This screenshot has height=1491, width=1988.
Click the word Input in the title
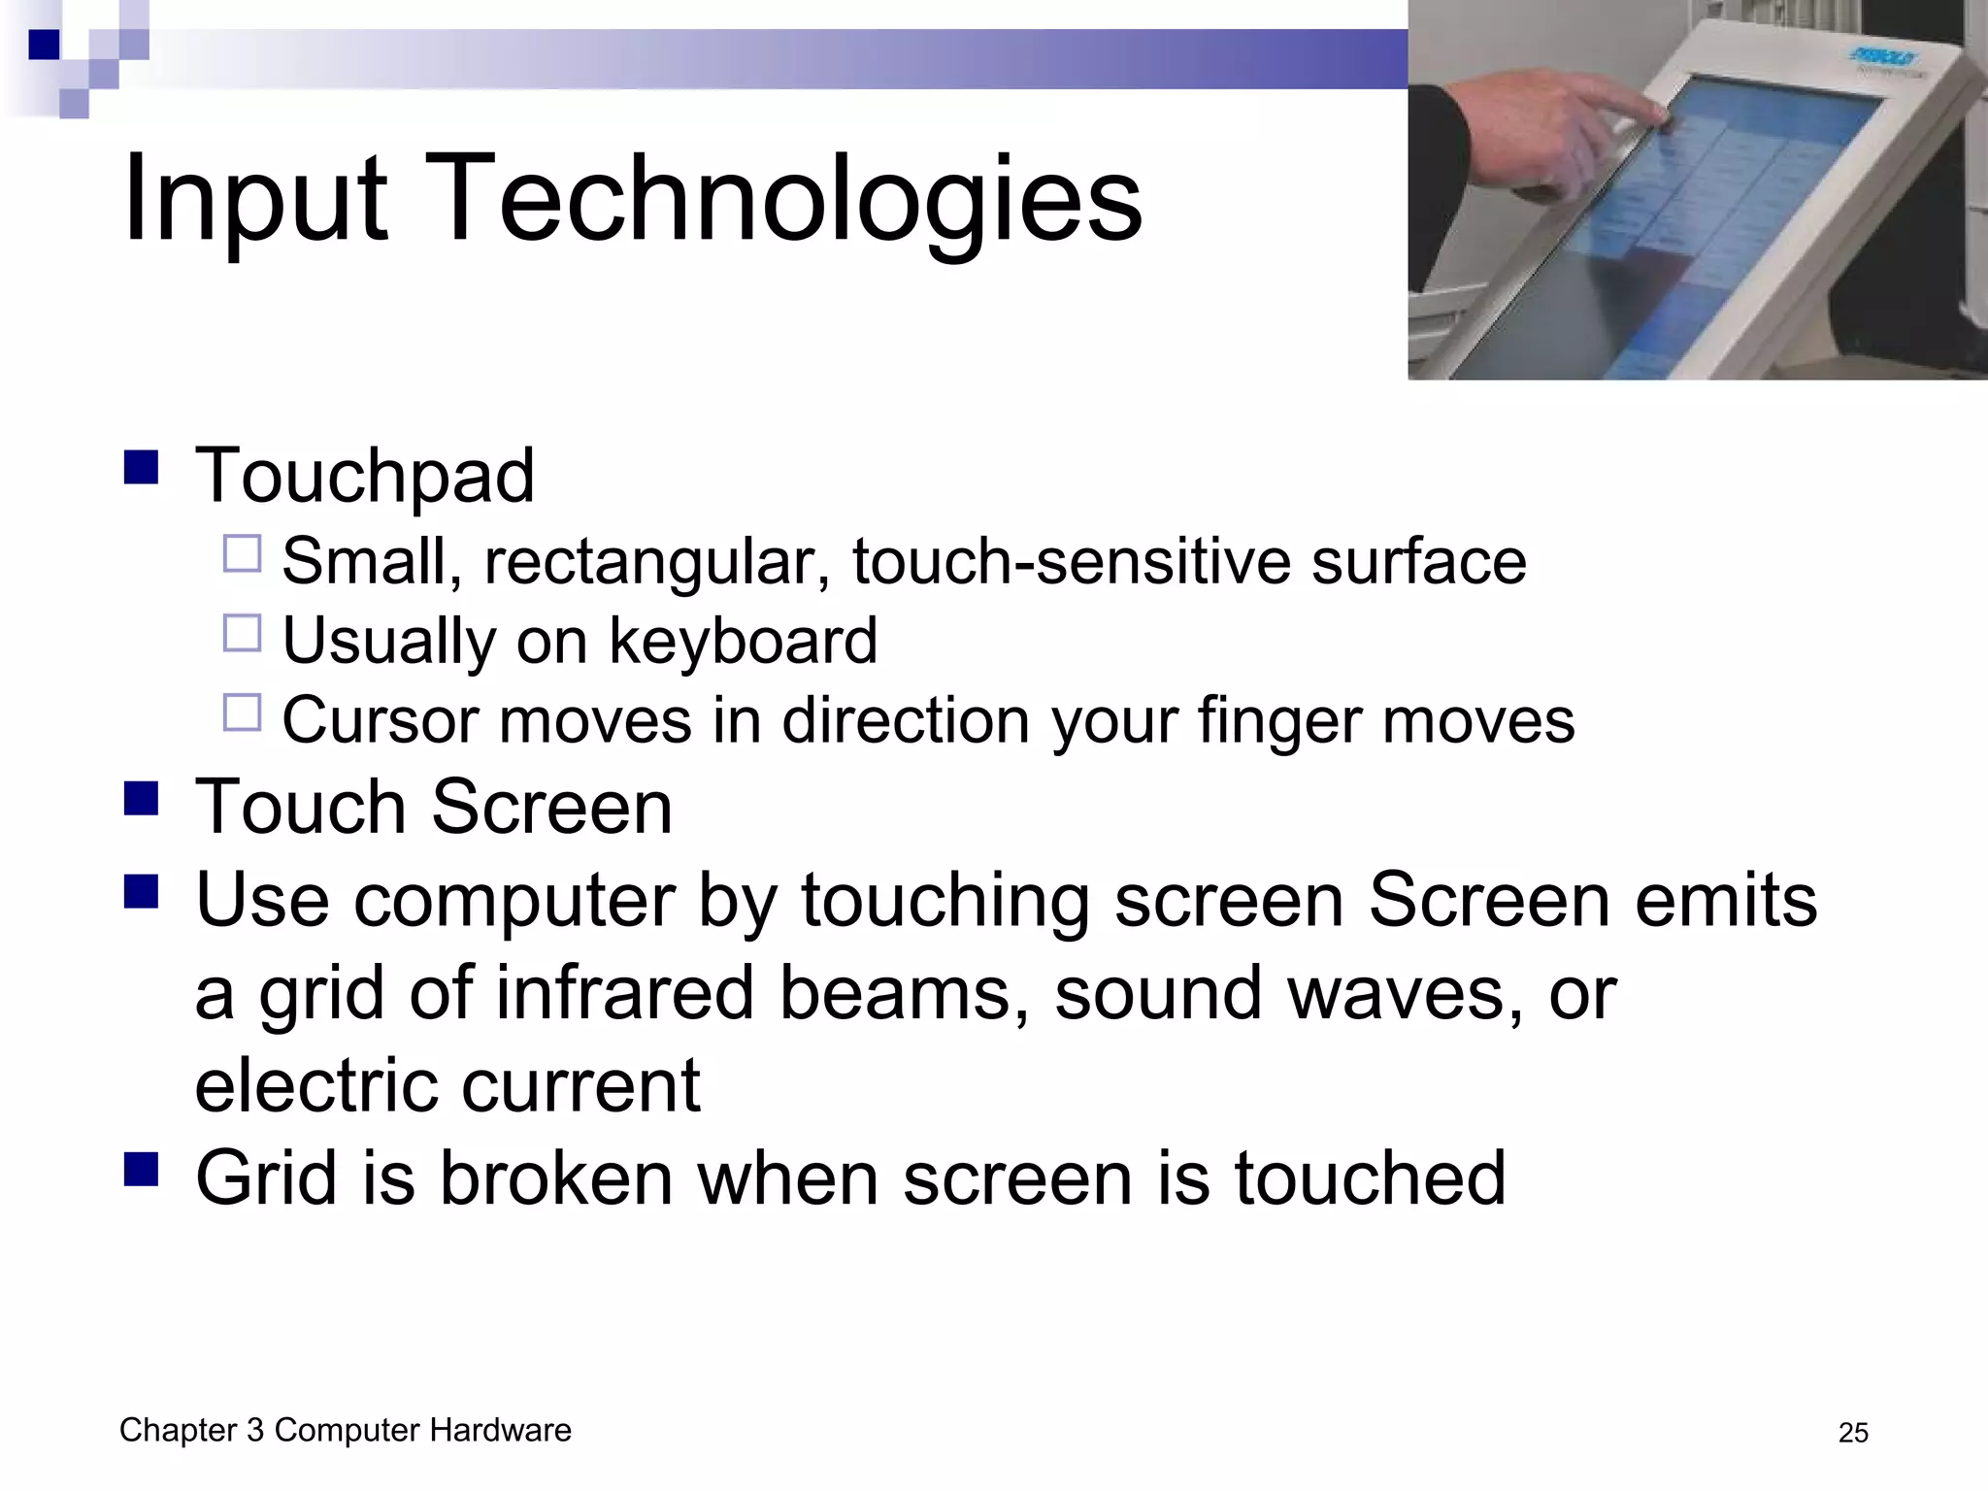coord(254,199)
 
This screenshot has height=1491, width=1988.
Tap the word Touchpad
coord(364,476)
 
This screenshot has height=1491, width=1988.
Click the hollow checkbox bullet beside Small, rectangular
coord(242,554)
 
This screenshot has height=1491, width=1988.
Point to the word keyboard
coord(743,641)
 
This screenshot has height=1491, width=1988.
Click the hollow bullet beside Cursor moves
coord(242,712)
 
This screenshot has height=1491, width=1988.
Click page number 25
coord(1852,1433)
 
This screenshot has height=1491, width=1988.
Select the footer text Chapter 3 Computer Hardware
coord(345,1430)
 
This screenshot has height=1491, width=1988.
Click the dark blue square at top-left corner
coord(44,45)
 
